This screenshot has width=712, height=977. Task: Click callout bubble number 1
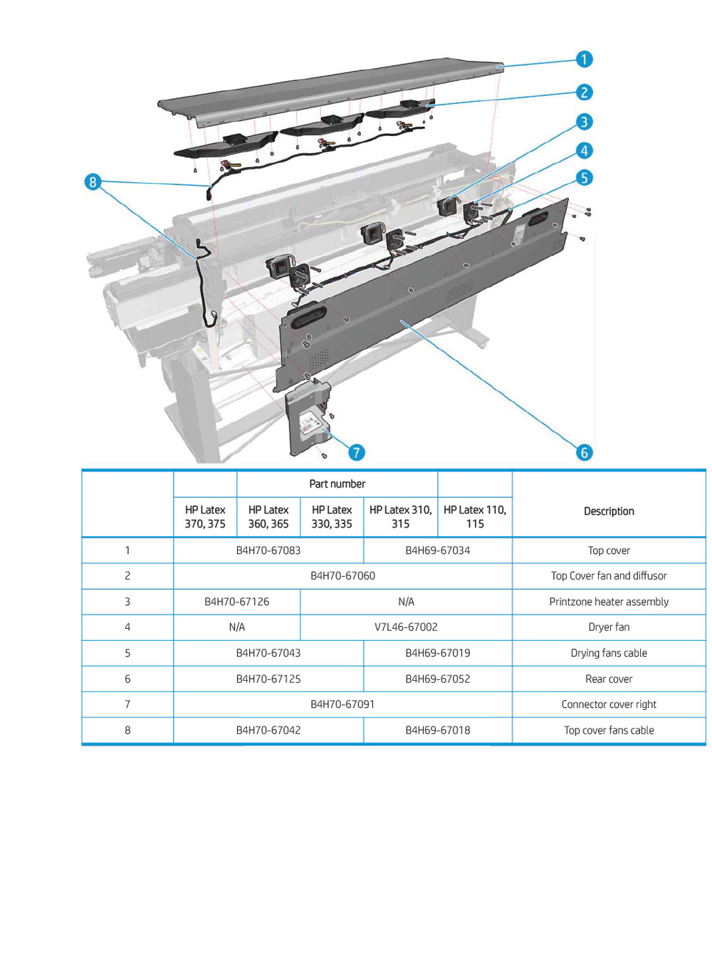point(584,59)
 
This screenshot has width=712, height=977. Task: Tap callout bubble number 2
point(584,93)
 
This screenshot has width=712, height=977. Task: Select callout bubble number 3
point(584,122)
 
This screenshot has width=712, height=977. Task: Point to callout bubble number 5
point(584,177)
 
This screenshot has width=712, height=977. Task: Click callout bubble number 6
point(584,452)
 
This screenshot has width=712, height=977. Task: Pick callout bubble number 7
point(356,452)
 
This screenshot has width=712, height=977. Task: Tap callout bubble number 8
point(93,182)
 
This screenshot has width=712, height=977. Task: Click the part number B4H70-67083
point(268,550)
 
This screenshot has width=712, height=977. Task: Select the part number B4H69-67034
point(437,550)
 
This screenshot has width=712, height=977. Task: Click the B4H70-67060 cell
point(342,575)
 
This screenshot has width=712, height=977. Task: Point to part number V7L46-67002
point(406,627)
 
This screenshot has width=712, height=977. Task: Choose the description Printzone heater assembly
point(609,602)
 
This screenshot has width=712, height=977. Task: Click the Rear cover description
point(609,679)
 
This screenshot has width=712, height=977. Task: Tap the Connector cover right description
point(609,704)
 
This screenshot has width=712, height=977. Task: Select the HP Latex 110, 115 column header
point(475,517)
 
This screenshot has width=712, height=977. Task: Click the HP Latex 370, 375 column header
point(205,517)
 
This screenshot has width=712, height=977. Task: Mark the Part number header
point(337,484)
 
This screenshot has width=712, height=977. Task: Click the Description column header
point(609,511)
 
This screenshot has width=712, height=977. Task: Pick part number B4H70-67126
point(237,602)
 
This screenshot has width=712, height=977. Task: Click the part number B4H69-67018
point(437,730)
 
